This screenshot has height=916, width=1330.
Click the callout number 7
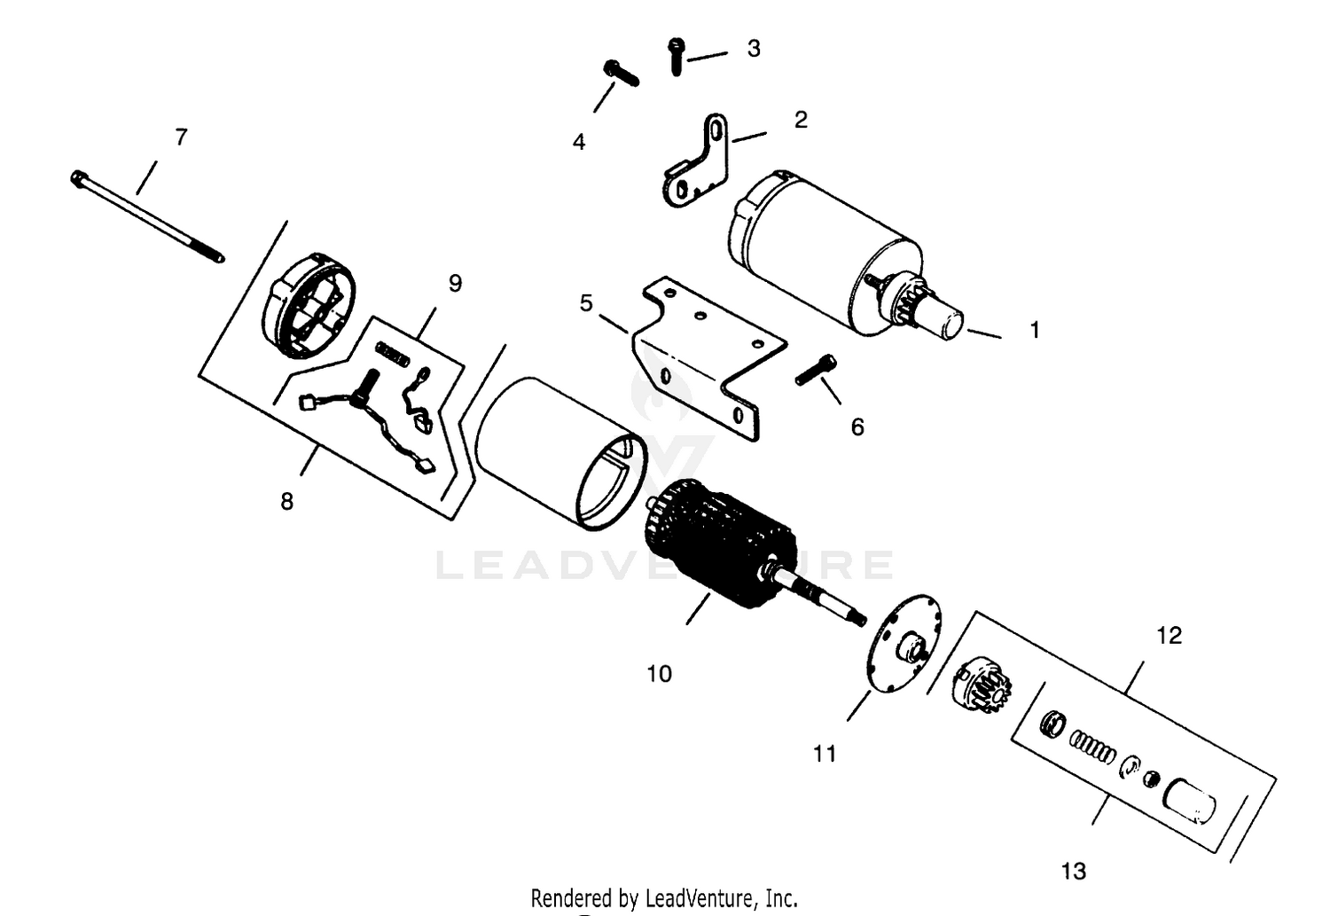[181, 137]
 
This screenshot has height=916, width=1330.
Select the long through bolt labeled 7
[147, 216]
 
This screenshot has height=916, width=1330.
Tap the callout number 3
[754, 49]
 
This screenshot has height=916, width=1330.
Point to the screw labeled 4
[621, 73]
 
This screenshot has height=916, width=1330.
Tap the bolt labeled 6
[816, 369]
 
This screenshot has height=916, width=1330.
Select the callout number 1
[1035, 330]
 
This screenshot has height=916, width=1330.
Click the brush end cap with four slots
[308, 305]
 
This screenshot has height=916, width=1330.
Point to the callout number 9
[455, 284]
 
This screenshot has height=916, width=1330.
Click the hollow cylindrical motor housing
[561, 454]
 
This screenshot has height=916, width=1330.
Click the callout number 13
[1074, 871]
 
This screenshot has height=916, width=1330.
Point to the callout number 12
[1170, 636]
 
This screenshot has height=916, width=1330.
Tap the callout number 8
[286, 502]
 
